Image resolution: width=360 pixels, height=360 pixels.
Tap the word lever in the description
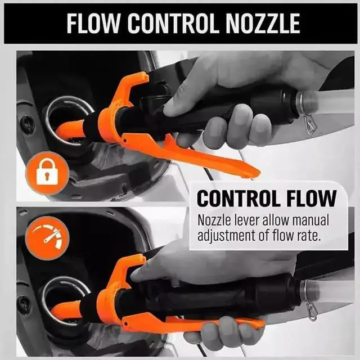[x=252, y=220]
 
